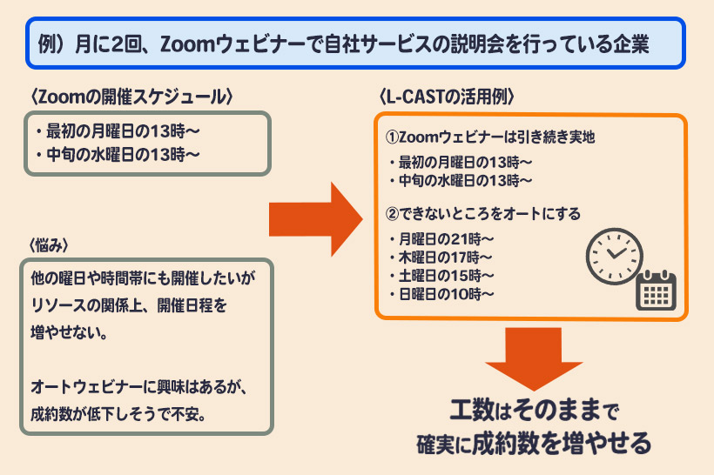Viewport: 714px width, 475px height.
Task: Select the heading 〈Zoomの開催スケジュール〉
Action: [x=131, y=96]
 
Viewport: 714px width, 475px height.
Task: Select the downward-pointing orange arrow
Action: [x=533, y=357]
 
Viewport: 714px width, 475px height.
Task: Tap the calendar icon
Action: [x=657, y=290]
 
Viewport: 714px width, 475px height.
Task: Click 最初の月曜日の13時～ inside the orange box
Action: [x=461, y=162]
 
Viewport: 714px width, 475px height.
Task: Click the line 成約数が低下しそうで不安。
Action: [x=118, y=411]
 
